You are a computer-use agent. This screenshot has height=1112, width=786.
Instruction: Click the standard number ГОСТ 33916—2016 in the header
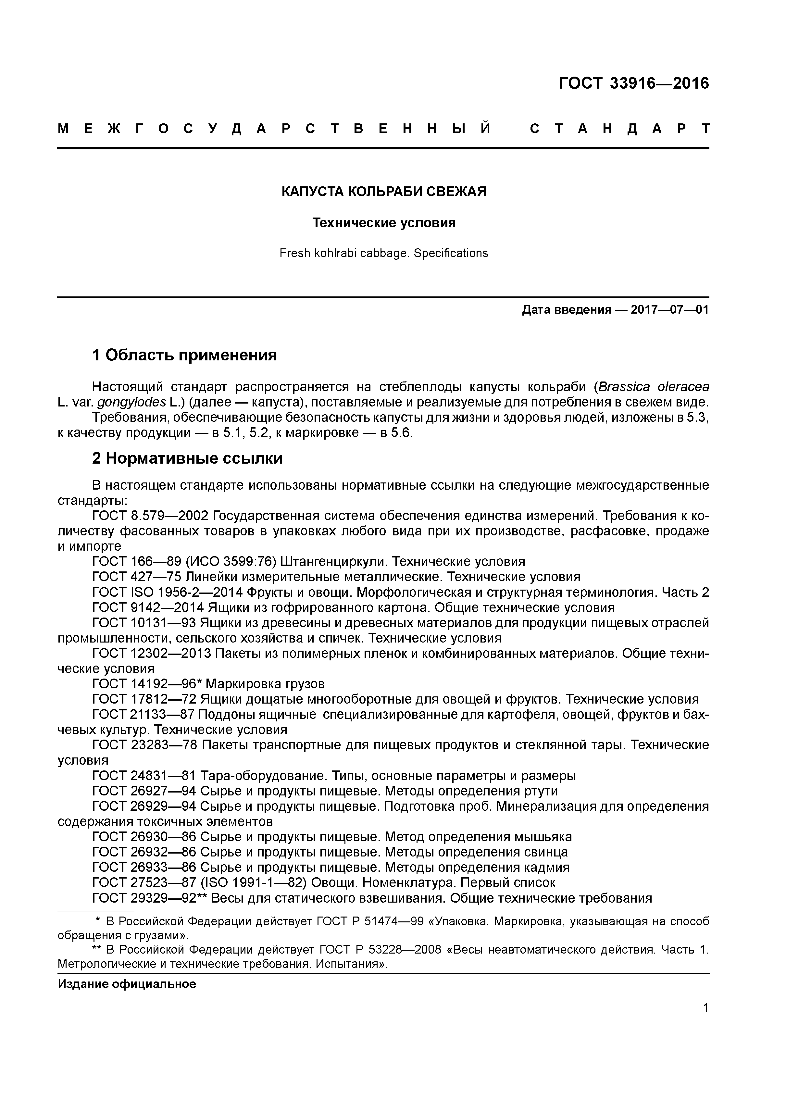point(633,83)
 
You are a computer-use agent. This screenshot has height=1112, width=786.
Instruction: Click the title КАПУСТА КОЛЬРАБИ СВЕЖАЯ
point(383,192)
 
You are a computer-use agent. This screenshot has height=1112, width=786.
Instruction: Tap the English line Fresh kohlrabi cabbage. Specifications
point(383,253)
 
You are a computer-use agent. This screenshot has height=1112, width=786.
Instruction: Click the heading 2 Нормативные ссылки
point(187,458)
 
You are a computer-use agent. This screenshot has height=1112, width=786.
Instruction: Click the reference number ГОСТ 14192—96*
point(147,684)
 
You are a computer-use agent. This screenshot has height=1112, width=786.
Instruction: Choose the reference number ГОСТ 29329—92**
point(150,898)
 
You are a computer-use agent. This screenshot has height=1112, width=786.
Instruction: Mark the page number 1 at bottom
point(705,1008)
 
